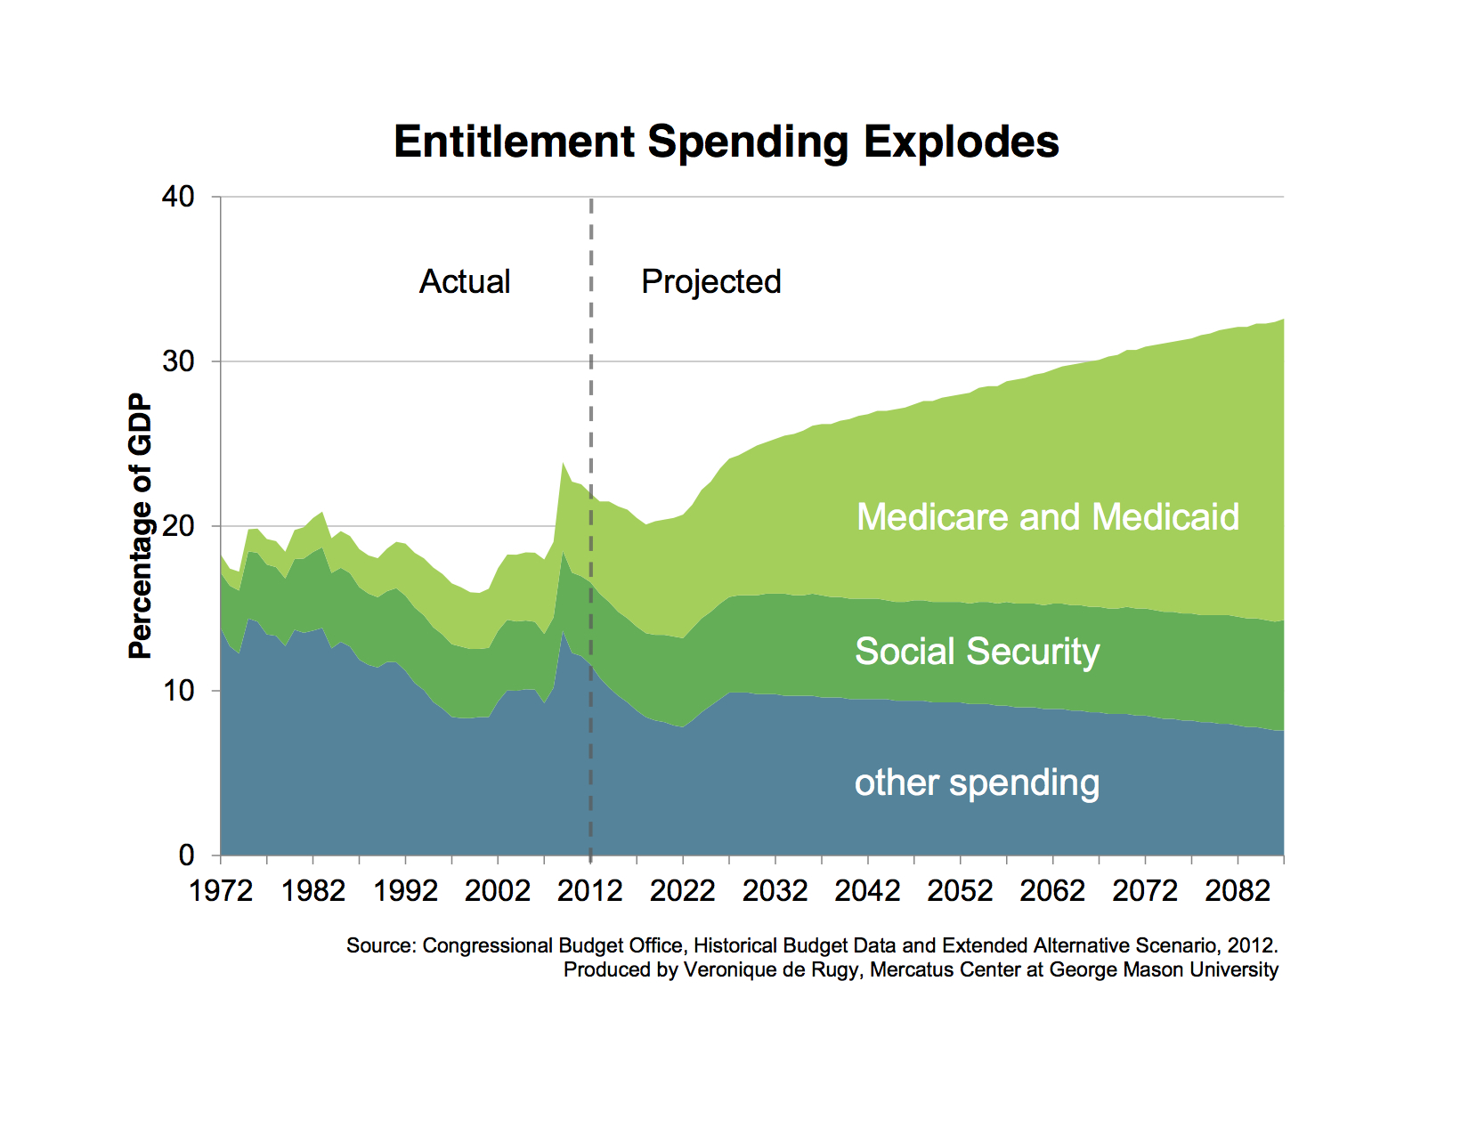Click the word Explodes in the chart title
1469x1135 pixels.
tap(962, 142)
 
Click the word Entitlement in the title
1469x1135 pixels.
tap(515, 142)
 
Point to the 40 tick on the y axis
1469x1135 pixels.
tap(178, 197)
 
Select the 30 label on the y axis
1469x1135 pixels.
tap(178, 361)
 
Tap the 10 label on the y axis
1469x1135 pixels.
tap(178, 691)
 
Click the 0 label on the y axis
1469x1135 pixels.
tap(186, 855)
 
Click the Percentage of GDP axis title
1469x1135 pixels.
tap(141, 526)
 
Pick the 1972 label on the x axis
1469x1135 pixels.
tap(221, 890)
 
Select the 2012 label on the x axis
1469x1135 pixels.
tap(590, 890)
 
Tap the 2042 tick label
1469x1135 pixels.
tap(867, 890)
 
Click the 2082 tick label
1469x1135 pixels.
tap(1237, 890)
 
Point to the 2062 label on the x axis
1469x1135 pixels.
tap(1052, 890)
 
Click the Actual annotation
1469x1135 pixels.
tap(465, 282)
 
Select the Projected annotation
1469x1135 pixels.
tap(711, 282)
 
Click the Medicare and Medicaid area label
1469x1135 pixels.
tap(1048, 517)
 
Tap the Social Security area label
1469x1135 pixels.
tap(977, 652)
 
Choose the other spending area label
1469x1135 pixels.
tap(977, 783)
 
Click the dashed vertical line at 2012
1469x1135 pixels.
tap(591, 401)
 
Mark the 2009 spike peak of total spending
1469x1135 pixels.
tap(563, 463)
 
